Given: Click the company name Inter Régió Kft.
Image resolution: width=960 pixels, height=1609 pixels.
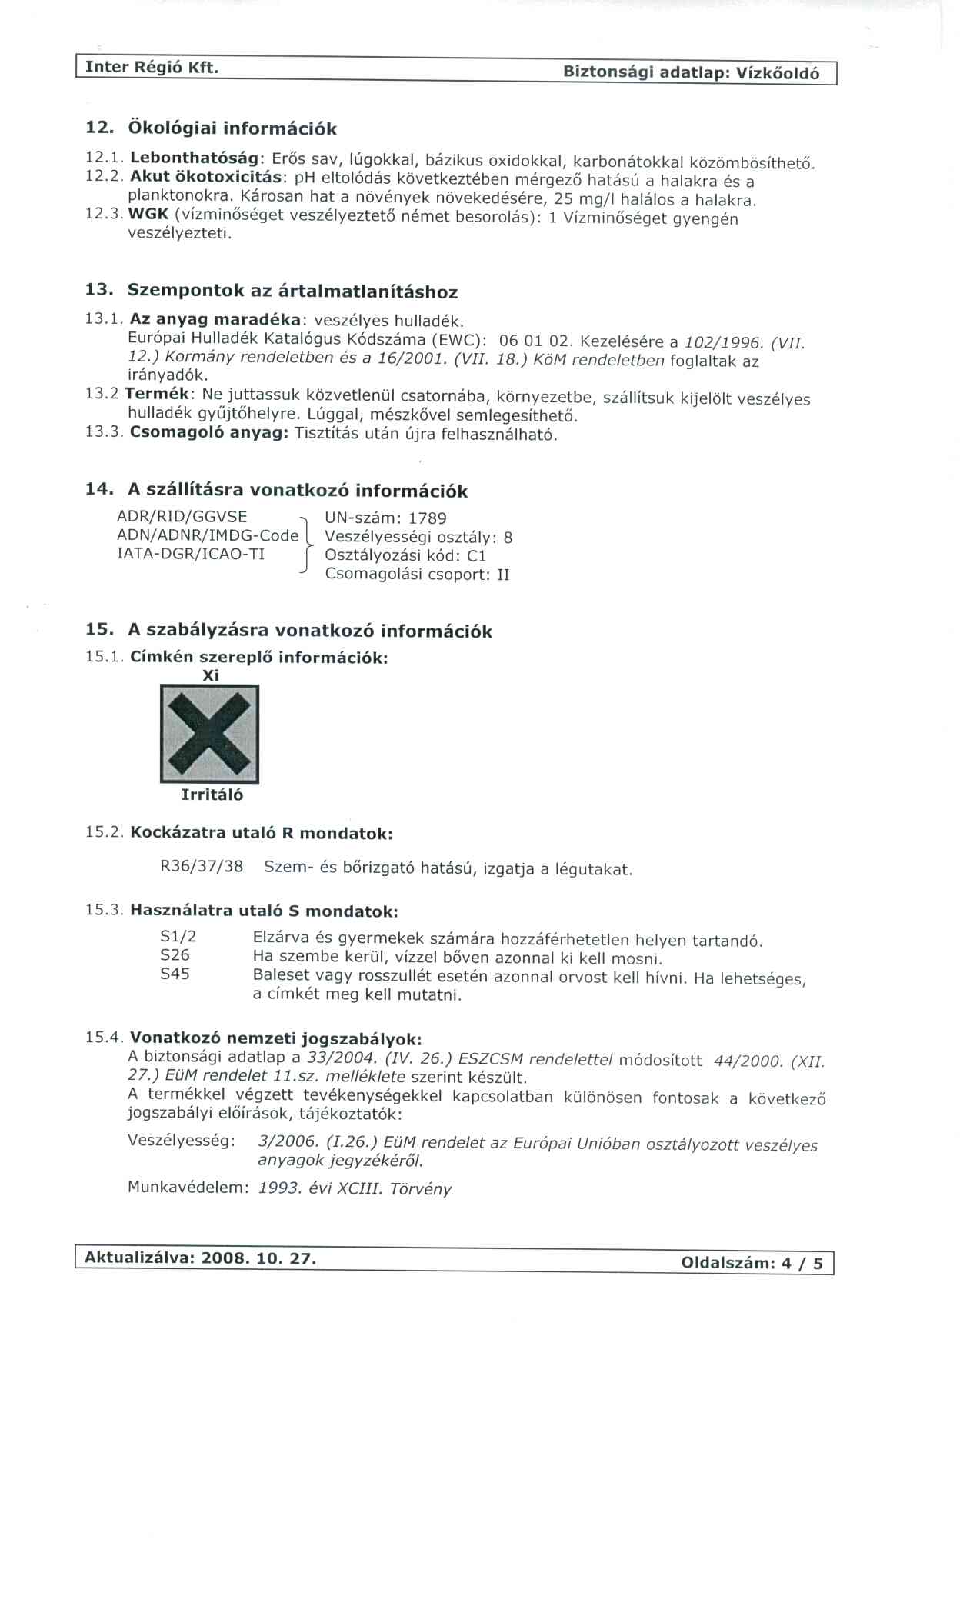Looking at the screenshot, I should tap(152, 68).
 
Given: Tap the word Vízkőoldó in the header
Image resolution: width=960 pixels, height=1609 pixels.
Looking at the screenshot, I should tap(778, 73).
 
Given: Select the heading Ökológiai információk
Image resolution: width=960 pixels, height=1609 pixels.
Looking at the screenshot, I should tap(232, 128).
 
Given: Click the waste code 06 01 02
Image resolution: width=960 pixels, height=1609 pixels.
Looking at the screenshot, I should tap(533, 340).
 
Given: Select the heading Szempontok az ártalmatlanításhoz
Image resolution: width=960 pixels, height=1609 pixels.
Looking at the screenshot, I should tap(292, 291).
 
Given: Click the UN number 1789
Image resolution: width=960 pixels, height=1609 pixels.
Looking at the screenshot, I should tap(428, 518).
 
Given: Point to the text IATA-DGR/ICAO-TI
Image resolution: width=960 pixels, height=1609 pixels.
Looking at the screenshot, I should tap(190, 554).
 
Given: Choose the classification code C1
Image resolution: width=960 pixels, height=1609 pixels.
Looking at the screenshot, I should tap(477, 556).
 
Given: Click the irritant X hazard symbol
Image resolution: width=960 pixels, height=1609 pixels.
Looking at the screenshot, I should tap(209, 734).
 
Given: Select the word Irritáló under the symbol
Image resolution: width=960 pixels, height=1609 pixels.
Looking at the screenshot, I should tap(212, 795).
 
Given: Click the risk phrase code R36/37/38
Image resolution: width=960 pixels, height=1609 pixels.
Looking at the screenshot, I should tap(202, 867).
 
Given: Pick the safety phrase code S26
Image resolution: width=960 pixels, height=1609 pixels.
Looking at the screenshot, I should tap(175, 955).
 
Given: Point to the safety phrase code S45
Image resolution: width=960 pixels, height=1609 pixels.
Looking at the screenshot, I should tap(175, 974).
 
